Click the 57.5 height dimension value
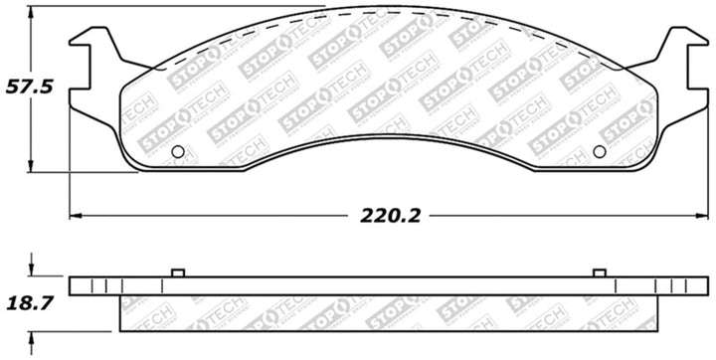coord(30,87)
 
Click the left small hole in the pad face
coord(178,152)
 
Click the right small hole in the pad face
coord(599,152)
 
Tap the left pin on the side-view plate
coord(178,273)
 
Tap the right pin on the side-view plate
coord(599,273)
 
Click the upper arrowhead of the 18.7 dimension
coord(33,271)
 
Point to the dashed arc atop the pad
coord(388,14)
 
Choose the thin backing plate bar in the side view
coord(388,286)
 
